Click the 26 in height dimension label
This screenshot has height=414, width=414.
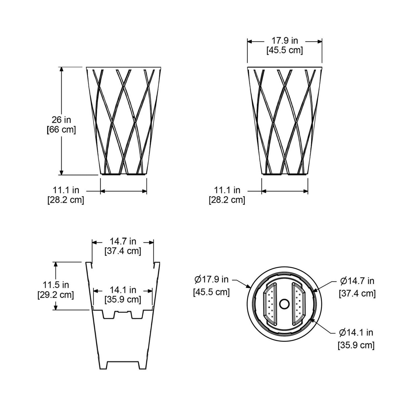61,120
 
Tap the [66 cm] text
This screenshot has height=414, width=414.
61,129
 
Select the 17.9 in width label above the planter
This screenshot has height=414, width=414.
285,41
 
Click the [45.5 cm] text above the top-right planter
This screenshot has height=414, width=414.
285,50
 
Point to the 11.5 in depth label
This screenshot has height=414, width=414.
56,285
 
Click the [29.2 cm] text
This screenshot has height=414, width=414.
56,295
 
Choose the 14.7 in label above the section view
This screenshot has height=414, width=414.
123,241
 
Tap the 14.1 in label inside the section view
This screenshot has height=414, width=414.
123,290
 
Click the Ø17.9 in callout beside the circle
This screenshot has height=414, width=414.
211,280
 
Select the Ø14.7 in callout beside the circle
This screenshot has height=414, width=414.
357,281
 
